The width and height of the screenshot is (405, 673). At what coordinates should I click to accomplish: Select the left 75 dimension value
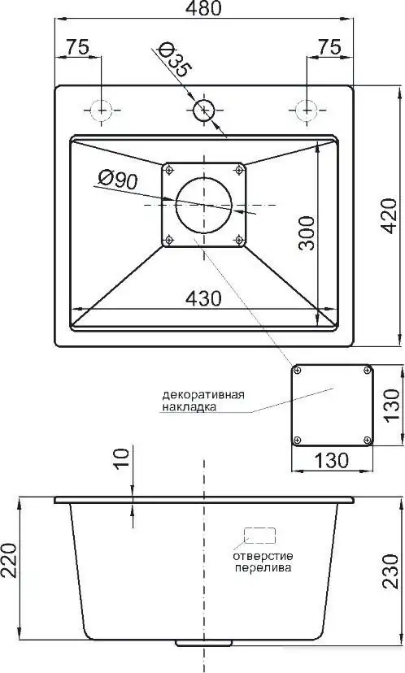(x=77, y=47)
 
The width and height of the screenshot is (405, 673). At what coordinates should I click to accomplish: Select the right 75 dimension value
(x=329, y=47)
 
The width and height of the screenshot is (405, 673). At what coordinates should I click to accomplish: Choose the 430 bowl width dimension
(x=202, y=298)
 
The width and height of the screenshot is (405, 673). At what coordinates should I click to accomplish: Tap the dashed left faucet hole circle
(x=100, y=109)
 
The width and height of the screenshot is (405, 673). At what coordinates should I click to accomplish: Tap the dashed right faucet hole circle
(x=306, y=109)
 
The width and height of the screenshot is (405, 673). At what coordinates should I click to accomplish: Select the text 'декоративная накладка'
(x=204, y=402)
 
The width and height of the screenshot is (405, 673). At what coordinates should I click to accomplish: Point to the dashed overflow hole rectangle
(x=261, y=534)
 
